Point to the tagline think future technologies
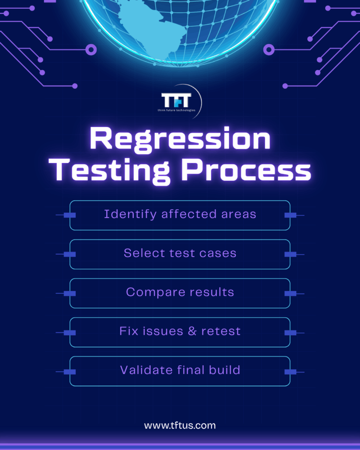176,110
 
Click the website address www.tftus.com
180,425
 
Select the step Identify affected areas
180,214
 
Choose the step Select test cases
180,253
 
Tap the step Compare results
180,292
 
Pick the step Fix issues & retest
180,331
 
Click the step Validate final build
180,370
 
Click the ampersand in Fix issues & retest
192,331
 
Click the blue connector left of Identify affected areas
69,215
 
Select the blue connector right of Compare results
290,293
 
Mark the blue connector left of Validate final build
69,371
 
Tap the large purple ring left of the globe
91,50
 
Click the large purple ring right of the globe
269,50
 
